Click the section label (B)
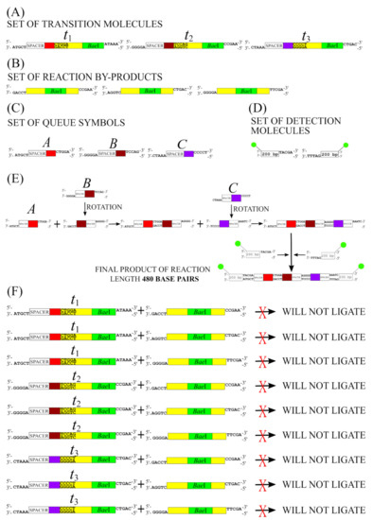pos(13,65)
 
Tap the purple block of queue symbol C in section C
pos(188,152)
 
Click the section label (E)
pos(13,178)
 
